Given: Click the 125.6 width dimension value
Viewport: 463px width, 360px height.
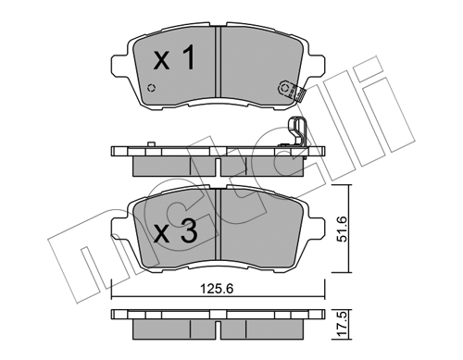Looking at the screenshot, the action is (x=217, y=289).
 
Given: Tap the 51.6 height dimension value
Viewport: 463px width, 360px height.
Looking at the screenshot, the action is (x=343, y=229).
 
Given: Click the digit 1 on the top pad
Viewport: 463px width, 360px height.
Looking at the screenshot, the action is (x=188, y=56).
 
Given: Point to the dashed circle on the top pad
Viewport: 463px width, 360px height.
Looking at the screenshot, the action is (x=151, y=88).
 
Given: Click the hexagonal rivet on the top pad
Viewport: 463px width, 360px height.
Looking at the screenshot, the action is (x=284, y=88).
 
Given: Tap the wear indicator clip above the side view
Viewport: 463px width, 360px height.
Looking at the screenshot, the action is (x=297, y=132).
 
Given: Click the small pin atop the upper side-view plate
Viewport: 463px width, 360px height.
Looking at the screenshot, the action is (x=151, y=144).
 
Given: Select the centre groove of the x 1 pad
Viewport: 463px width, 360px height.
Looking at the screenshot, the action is (x=219, y=62).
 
